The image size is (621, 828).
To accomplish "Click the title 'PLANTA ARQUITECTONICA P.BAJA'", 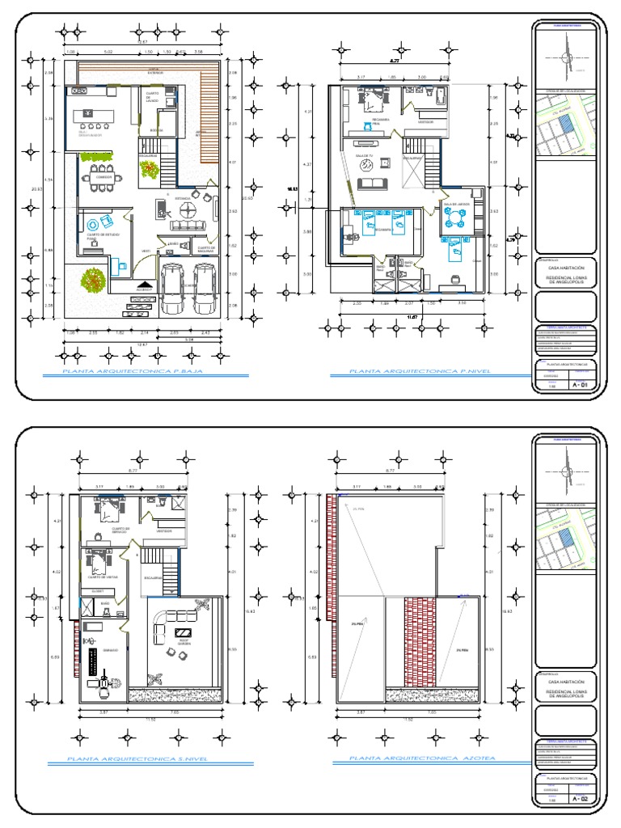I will (x=133, y=373).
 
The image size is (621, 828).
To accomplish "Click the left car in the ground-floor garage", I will (x=172, y=289).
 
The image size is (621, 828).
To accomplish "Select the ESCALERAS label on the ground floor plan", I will (x=147, y=155).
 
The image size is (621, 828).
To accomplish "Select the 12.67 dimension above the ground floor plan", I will (x=142, y=40).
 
